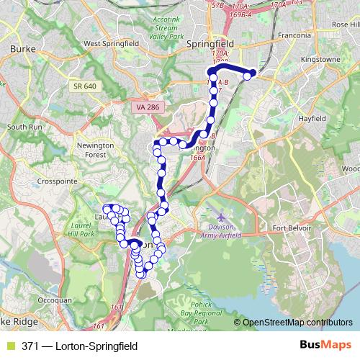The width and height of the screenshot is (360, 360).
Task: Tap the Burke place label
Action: [23, 49]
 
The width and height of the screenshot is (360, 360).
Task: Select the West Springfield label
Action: [112, 43]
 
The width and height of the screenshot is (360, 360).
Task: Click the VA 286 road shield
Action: [148, 107]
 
